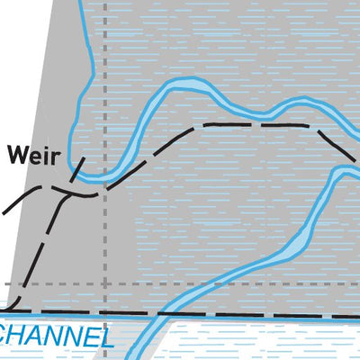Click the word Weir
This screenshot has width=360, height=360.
pyautogui.click(x=34, y=156)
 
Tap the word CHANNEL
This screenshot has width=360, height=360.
pyautogui.click(x=54, y=336)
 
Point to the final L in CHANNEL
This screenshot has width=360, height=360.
pyautogui.click(x=104, y=337)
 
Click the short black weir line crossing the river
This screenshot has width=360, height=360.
pyautogui.click(x=77, y=169)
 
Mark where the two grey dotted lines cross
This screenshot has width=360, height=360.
pyautogui.click(x=105, y=283)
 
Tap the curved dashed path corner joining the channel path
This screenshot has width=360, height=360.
pyautogui.click(x=15, y=304)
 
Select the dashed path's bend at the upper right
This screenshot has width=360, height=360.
pyautogui.click(x=313, y=128)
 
